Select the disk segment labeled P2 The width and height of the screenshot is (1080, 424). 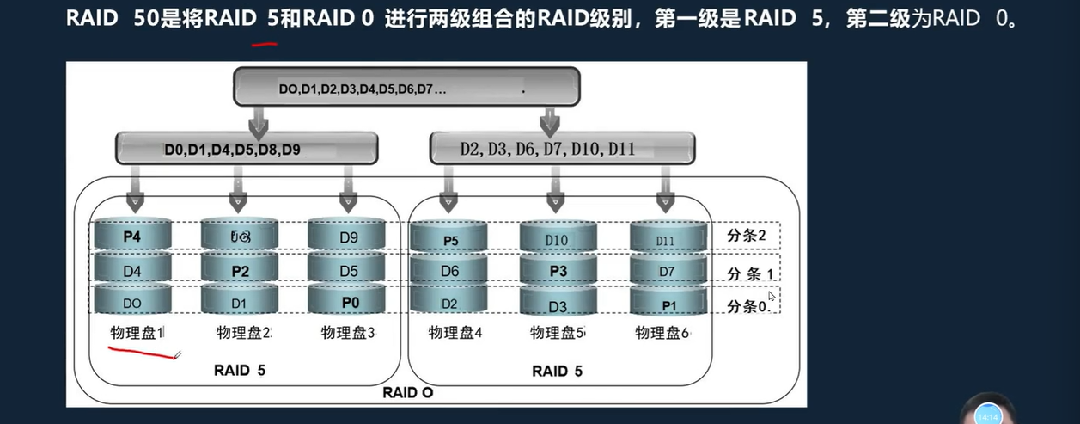point(240,270)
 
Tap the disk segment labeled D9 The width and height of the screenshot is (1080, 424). point(348,236)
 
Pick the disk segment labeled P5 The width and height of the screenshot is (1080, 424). point(450,240)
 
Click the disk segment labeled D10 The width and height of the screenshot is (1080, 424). point(558,239)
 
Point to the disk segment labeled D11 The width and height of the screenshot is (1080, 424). point(665,240)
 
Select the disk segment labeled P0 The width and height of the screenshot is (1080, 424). point(349,302)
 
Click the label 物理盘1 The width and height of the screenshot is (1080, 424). point(137,333)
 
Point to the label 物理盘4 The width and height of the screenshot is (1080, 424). point(455,333)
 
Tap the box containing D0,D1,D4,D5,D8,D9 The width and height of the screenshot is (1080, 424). point(247,149)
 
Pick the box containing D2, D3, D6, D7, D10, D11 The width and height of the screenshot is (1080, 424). point(562,149)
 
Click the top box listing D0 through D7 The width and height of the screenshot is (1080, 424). point(406,88)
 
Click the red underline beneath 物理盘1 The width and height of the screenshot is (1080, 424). point(142,351)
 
